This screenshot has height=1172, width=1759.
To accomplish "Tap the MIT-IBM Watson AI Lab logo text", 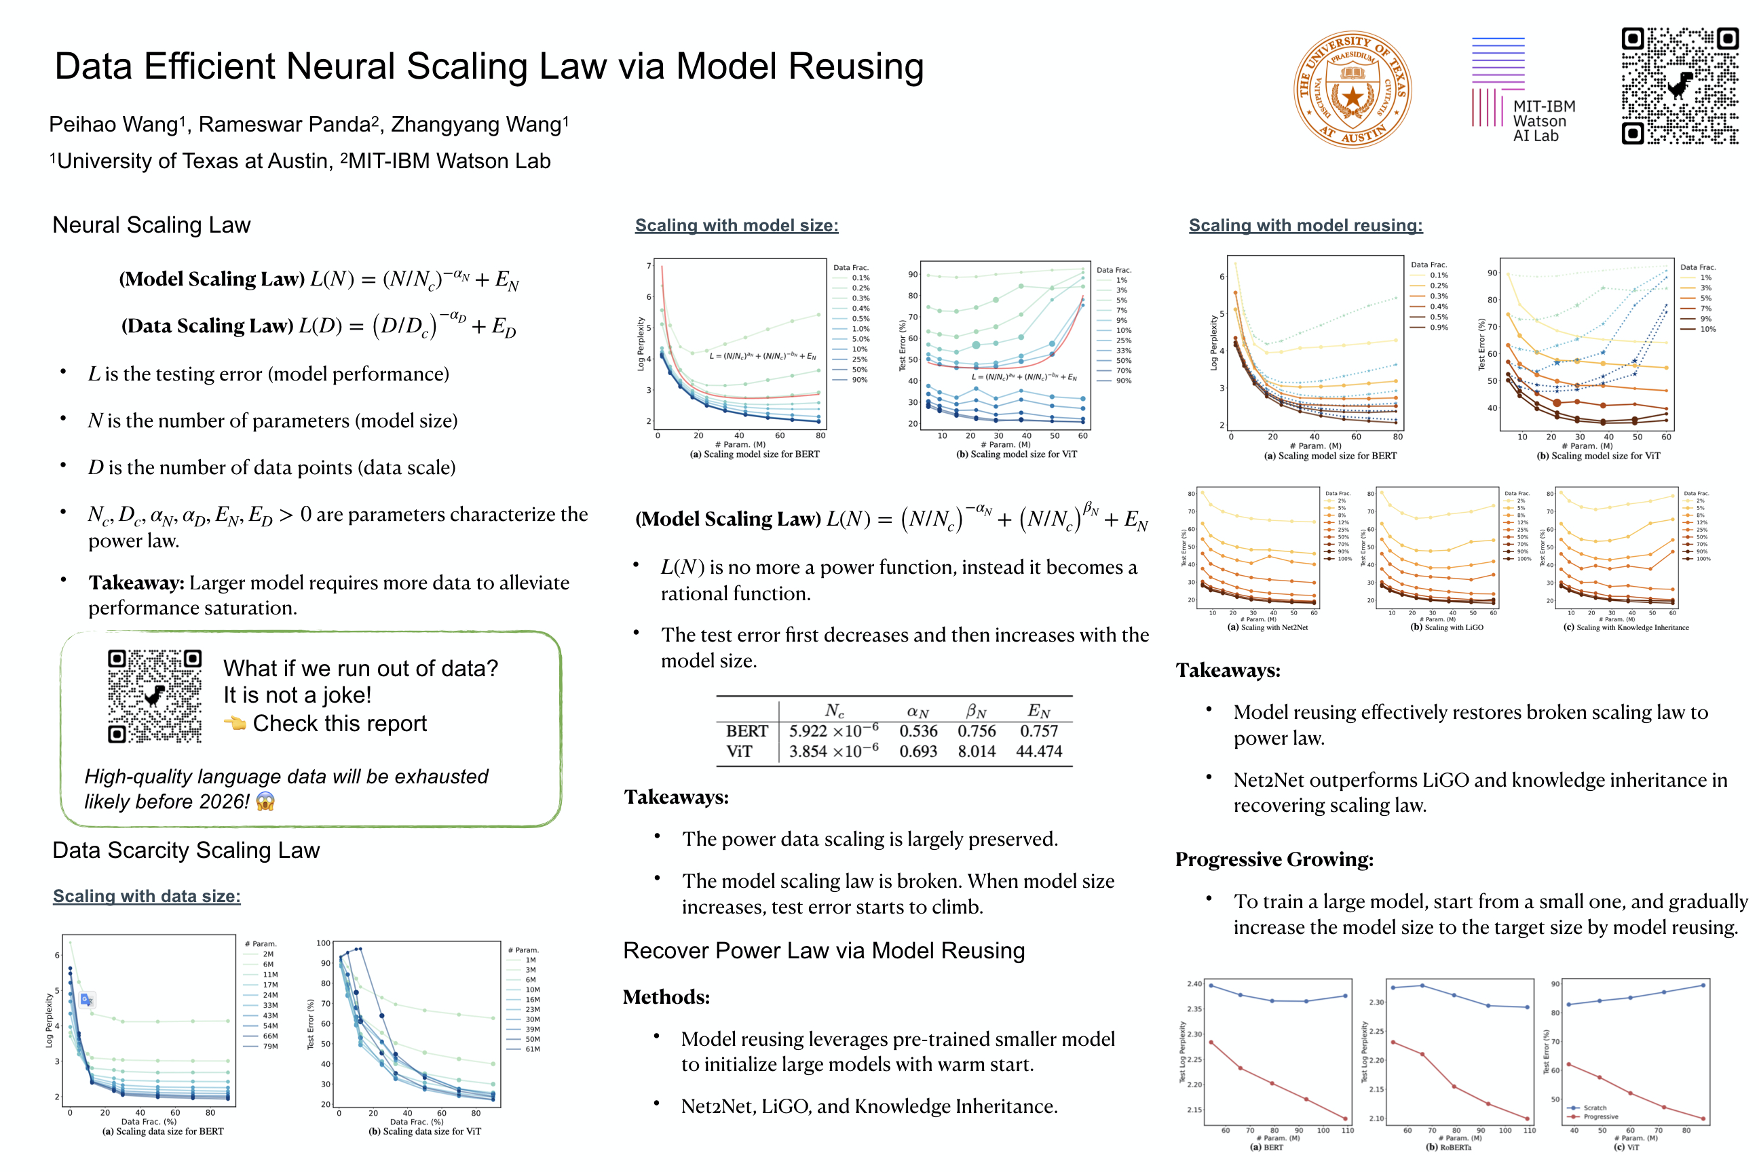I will pyautogui.click(x=1543, y=121).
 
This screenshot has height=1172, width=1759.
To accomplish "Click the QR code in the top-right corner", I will pyautogui.click(x=1679, y=86).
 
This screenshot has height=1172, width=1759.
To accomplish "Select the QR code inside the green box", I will pyautogui.click(x=154, y=696).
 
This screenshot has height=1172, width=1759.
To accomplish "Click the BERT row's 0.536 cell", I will pyautogui.click(x=918, y=731).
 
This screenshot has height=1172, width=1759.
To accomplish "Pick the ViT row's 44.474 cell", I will pyautogui.click(x=1039, y=751).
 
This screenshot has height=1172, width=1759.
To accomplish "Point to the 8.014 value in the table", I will pyautogui.click(x=976, y=751).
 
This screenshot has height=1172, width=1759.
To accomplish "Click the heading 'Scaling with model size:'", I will pyautogui.click(x=737, y=225).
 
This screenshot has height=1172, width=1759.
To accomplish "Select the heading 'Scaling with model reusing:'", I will pyautogui.click(x=1305, y=225).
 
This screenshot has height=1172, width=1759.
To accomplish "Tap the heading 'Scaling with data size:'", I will pyautogui.click(x=147, y=895).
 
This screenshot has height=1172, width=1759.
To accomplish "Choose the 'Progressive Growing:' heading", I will pyautogui.click(x=1274, y=859).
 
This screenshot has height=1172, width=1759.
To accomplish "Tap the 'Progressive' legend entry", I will pyautogui.click(x=1600, y=1116).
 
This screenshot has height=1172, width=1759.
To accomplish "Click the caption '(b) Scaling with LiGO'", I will pyautogui.click(x=1446, y=627).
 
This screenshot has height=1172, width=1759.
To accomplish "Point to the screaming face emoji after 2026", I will pyautogui.click(x=265, y=801).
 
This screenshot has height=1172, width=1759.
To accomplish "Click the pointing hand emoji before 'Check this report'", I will pyautogui.click(x=235, y=723).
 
